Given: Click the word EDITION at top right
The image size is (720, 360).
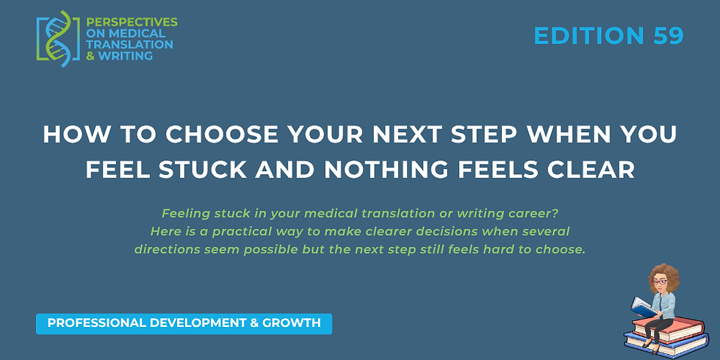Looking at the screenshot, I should pyautogui.click(x=588, y=35).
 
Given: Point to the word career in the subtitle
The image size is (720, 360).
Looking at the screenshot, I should pyautogui.click(x=528, y=214).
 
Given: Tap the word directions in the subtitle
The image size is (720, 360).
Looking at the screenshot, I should pyautogui.click(x=166, y=249).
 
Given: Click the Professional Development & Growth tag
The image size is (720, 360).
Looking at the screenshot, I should pyautogui.click(x=184, y=323).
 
